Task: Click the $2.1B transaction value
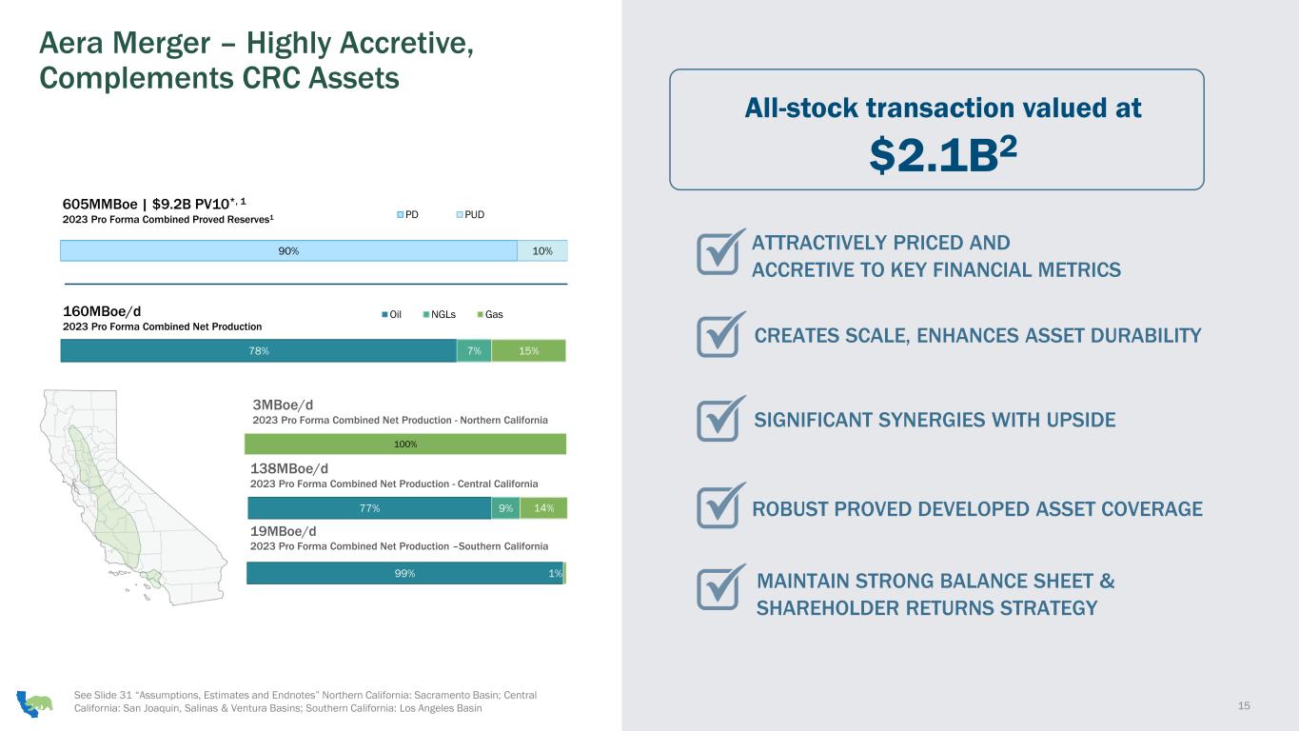(x=943, y=155)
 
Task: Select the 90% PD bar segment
(x=288, y=250)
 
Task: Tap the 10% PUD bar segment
(x=542, y=250)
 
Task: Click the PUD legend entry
(x=470, y=215)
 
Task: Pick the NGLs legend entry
(x=439, y=314)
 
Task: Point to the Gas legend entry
(x=490, y=314)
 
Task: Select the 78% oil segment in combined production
(x=259, y=351)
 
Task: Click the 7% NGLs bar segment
(x=474, y=351)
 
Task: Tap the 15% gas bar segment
(x=528, y=351)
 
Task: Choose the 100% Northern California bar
(x=405, y=444)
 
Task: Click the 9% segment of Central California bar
(x=505, y=508)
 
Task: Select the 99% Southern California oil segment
(x=404, y=573)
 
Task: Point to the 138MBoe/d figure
(x=289, y=468)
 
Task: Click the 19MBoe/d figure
(x=284, y=531)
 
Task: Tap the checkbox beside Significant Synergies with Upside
(x=720, y=418)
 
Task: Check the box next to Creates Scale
(x=720, y=334)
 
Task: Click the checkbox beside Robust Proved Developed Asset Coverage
(x=720, y=505)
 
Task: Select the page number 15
(x=1243, y=705)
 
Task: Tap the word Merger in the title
(x=161, y=44)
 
